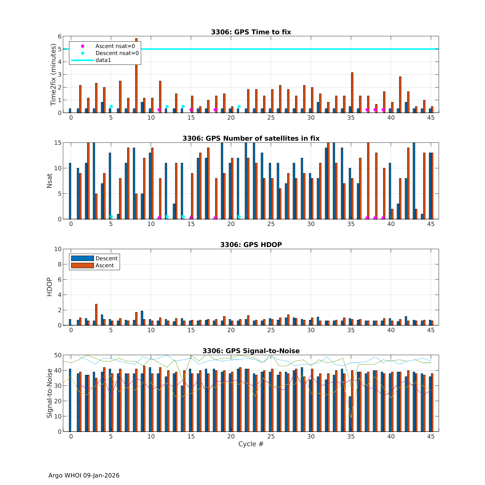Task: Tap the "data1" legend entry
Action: pyautogui.click(x=103, y=60)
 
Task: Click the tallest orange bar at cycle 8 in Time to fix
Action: pyautogui.click(x=136, y=75)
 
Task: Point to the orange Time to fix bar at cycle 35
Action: pyautogui.click(x=352, y=93)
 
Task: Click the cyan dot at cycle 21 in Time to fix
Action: pyautogui.click(x=239, y=107)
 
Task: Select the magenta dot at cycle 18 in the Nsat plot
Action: pyautogui.click(x=215, y=218)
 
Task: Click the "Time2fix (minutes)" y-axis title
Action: pyautogui.click(x=53, y=75)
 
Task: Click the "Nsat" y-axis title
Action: pyautogui.click(x=49, y=181)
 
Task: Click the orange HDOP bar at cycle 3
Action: pyautogui.click(x=96, y=315)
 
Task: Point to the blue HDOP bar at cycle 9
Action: pyautogui.click(x=142, y=318)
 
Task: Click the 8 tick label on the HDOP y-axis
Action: pyautogui.click(x=59, y=264)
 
